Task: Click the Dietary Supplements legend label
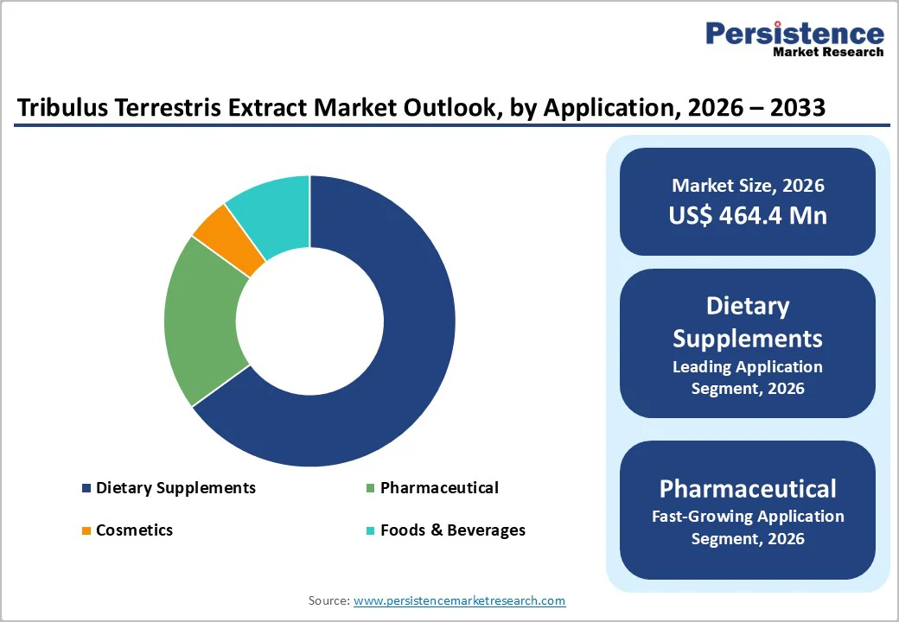tap(175, 488)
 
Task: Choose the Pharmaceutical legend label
tap(439, 488)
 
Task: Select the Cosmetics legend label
tap(134, 530)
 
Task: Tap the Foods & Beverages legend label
tap(452, 530)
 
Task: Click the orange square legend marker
tap(86, 530)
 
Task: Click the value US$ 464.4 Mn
tap(748, 215)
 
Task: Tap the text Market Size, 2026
tap(748, 186)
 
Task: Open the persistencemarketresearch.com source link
tap(459, 600)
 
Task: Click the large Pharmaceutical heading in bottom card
tap(748, 489)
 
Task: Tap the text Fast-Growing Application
tap(748, 517)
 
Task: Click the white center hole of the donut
tap(309, 321)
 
